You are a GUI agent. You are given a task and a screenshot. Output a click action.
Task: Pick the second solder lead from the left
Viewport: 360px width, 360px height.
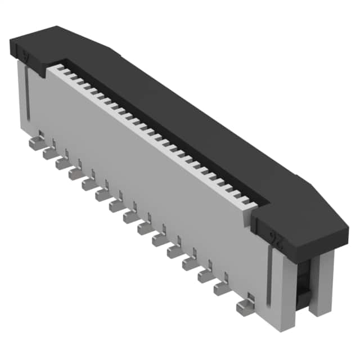pos(49,152)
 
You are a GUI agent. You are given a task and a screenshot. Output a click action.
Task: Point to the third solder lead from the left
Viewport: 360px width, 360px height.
pos(62,163)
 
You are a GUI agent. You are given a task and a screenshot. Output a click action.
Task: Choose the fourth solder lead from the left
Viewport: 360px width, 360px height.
pos(76,174)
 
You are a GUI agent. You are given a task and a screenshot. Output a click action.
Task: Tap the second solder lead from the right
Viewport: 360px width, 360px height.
pos(221,289)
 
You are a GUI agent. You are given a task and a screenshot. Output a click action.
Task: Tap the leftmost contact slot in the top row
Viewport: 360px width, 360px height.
pos(58,69)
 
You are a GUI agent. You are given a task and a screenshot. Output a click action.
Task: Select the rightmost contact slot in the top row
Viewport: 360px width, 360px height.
pos(245,201)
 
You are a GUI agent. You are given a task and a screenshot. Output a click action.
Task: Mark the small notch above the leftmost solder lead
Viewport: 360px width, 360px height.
pos(40,134)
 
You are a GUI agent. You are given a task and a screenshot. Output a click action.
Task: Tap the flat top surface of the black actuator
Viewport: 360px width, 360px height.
pos(169,112)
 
